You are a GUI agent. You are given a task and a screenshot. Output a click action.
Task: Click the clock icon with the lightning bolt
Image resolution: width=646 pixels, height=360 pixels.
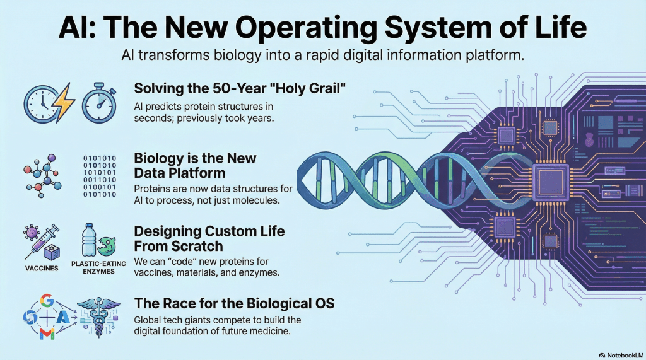tap(49, 103)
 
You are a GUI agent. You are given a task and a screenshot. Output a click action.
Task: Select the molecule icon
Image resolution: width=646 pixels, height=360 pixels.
tap(42, 176)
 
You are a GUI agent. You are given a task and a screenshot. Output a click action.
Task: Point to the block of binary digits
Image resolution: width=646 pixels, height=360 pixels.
tap(100, 177)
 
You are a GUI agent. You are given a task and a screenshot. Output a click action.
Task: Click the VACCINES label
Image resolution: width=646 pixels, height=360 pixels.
tap(42, 268)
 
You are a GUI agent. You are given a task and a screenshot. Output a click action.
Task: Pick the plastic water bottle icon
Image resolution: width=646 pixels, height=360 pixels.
tap(88, 240)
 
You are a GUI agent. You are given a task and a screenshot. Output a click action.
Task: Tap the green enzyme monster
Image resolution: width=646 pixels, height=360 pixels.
tap(106, 247)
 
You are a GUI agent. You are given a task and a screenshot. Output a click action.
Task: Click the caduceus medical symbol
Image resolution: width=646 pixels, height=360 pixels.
tap(99, 317)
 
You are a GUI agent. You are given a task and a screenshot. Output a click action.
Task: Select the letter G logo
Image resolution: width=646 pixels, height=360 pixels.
tap(47, 301)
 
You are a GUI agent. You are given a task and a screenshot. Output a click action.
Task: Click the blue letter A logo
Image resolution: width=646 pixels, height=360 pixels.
tap(63, 317)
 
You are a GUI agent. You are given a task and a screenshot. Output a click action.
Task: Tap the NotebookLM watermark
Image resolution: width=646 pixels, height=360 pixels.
tap(621, 355)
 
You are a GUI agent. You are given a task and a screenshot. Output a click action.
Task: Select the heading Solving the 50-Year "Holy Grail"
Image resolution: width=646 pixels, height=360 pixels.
tap(240, 88)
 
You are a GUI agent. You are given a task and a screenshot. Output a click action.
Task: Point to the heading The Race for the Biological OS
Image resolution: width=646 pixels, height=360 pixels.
tap(234, 303)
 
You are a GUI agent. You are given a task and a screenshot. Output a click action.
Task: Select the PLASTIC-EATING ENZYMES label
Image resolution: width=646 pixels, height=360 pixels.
tap(98, 268)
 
